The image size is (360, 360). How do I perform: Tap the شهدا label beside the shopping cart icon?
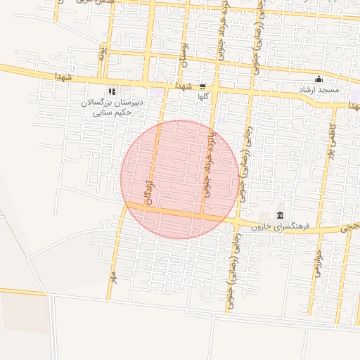(x=185, y=86)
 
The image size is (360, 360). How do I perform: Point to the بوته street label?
(x=102, y=53)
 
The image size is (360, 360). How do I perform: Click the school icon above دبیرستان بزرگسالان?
(x=111, y=91)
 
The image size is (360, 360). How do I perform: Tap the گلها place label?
(x=203, y=96)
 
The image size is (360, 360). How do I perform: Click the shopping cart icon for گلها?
(x=202, y=86)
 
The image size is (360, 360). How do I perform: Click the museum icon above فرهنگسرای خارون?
(x=281, y=215)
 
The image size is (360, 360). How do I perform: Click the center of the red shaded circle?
(x=179, y=179)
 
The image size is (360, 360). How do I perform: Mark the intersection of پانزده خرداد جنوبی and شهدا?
(x=214, y=89)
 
